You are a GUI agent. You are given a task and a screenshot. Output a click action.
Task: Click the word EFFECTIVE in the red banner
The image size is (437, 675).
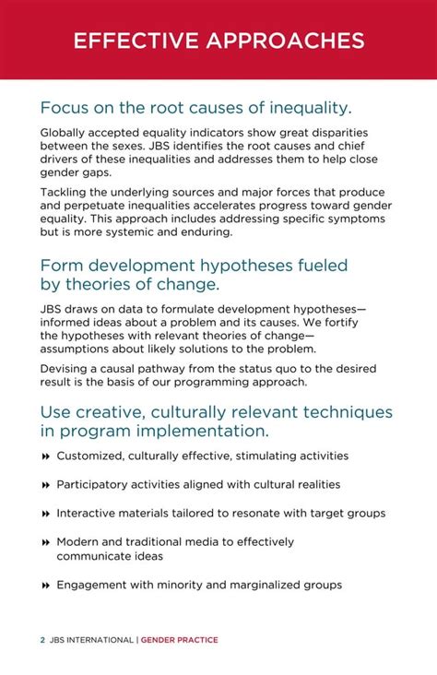134,41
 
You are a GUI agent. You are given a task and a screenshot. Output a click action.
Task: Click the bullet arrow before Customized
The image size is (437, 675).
45,456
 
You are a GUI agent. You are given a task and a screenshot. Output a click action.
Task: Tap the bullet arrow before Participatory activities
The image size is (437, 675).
45,485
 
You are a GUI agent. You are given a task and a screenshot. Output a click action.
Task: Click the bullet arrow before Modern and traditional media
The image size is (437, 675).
45,542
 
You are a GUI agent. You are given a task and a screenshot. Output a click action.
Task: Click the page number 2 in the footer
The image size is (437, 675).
42,640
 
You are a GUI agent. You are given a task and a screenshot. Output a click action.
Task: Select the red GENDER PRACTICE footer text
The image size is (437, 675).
179,640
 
